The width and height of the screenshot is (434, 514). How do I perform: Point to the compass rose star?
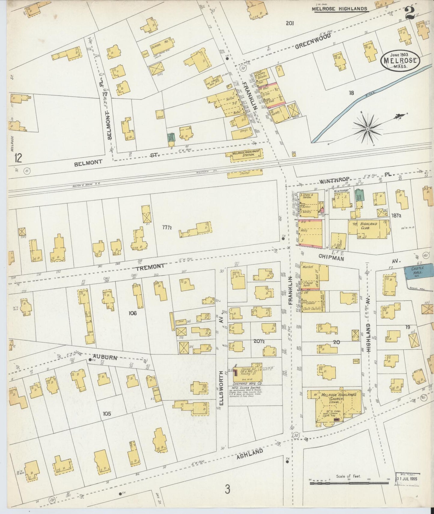(x=367, y=129)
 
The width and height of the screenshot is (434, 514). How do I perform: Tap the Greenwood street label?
(x=313, y=41)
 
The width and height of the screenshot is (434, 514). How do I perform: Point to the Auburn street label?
(x=105, y=357)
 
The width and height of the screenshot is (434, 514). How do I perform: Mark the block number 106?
(x=132, y=313)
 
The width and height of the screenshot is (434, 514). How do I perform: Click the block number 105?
(x=107, y=414)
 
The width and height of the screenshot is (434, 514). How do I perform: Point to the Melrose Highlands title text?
(x=339, y=9)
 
